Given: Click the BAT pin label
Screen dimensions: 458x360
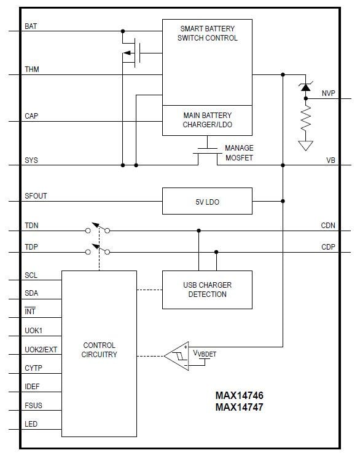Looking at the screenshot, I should [31, 26].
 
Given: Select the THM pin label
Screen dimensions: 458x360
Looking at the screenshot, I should [32, 70].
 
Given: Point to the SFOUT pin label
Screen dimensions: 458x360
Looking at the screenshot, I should [36, 196].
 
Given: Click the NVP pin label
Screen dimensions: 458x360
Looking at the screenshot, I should [329, 93].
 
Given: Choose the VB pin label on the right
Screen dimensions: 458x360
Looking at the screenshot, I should [331, 160].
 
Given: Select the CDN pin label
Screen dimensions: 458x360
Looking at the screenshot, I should [328, 226].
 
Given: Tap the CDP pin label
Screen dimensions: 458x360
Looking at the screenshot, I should [328, 247].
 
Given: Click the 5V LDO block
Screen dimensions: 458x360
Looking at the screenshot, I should [207, 201].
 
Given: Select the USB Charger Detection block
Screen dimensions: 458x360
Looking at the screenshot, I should [207, 290].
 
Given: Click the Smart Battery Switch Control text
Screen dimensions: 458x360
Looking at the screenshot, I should [207, 33].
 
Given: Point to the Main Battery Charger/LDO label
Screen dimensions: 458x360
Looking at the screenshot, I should [207, 120].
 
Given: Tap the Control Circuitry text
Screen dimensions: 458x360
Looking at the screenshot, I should [99, 350].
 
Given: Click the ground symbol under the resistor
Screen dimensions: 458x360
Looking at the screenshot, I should [305, 145].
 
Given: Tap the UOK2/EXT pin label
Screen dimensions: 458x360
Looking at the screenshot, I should [41, 350].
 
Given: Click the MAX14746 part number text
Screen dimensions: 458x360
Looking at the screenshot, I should [239, 397].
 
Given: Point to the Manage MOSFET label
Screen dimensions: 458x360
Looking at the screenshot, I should [239, 153].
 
